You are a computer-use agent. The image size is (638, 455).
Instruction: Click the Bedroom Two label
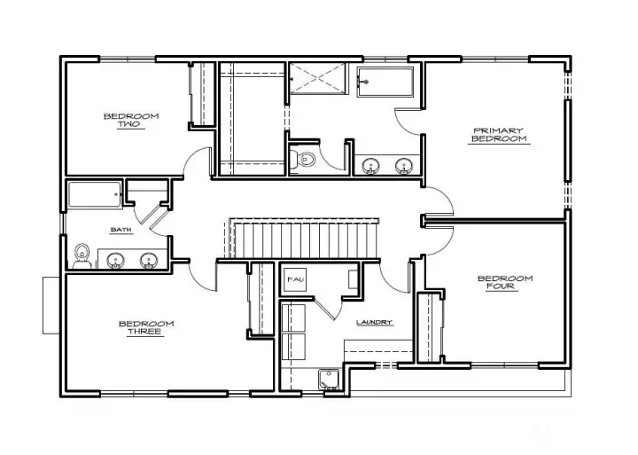tap(131, 120)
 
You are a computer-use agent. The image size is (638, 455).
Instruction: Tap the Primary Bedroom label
tap(499, 135)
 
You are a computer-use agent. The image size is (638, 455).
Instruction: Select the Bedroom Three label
tap(146, 328)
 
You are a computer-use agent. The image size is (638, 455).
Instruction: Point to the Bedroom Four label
tap(505, 282)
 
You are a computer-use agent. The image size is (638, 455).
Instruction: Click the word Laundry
tap(374, 322)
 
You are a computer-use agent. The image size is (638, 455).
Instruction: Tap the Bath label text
tap(121, 230)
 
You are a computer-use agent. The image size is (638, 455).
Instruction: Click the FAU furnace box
tap(295, 279)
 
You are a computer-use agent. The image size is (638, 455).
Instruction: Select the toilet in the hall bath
tap(82, 256)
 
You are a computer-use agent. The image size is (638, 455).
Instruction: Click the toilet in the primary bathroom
tap(303, 159)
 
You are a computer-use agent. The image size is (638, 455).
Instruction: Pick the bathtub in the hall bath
tap(95, 195)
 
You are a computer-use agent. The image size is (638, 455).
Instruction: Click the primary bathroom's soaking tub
tap(385, 82)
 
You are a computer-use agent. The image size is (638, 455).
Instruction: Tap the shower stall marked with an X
tap(317, 78)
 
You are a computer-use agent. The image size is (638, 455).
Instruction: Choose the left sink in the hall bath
tap(115, 261)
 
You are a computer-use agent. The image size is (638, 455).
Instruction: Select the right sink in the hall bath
tap(149, 261)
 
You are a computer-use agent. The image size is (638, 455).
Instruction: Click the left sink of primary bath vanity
tap(371, 166)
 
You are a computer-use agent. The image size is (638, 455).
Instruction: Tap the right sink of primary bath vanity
tap(404, 166)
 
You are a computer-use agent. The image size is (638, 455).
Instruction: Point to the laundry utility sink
tap(329, 380)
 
